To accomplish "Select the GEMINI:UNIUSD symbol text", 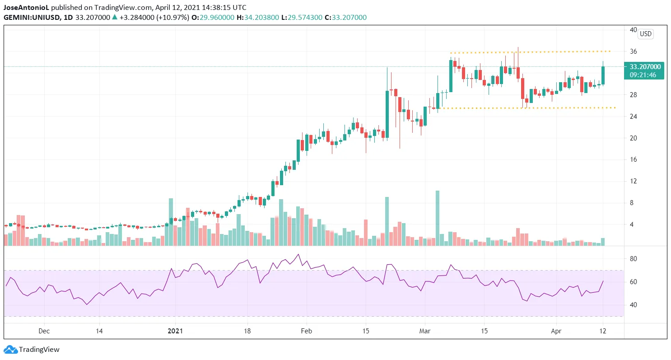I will [31, 18].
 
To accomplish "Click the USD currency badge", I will [646, 34].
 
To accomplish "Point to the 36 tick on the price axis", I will [634, 51].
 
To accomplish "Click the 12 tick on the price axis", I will [634, 181].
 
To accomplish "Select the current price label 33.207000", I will [645, 66].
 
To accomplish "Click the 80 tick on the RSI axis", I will [634, 259].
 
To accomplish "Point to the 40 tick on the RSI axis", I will [634, 305].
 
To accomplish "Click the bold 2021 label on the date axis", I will [175, 331].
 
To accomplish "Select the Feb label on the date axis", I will [306, 331].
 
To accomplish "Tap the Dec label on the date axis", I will [44, 331].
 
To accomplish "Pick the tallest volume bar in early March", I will [437, 218].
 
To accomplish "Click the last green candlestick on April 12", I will [603, 75].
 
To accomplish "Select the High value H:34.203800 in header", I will [266, 18].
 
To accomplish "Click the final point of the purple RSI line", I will [603, 281].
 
